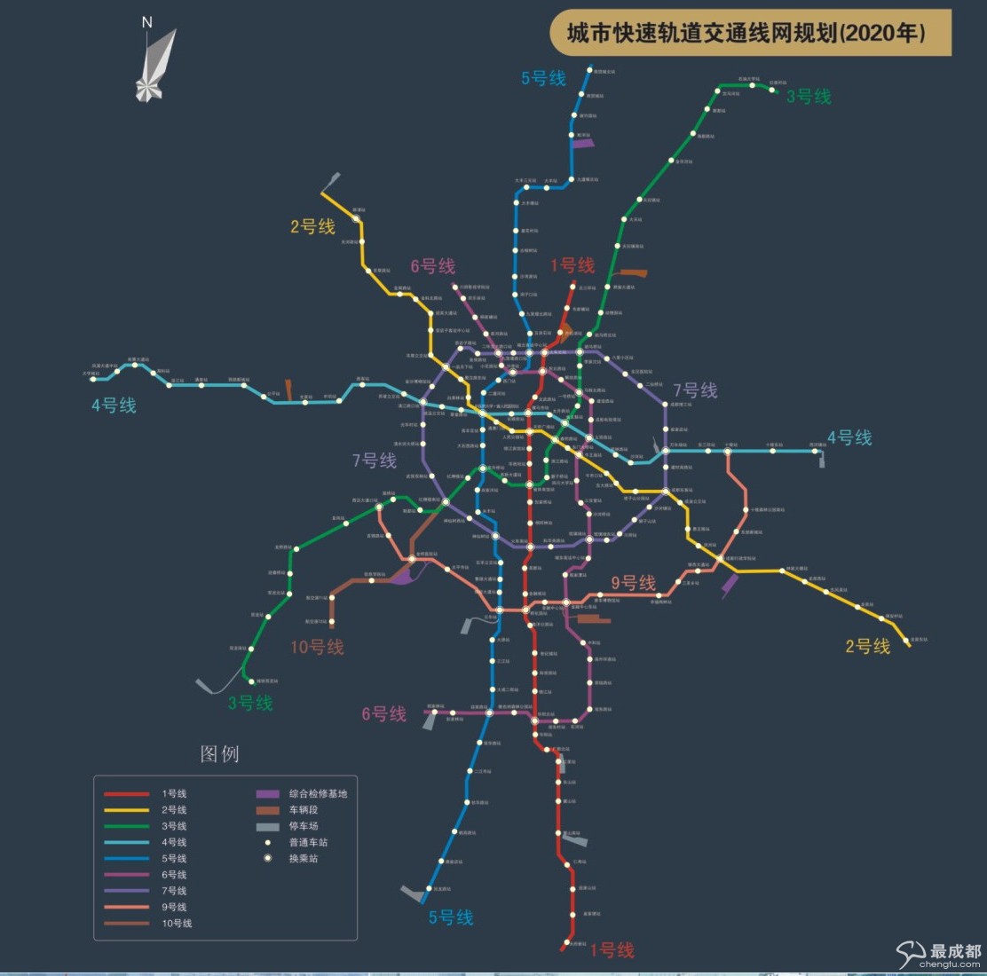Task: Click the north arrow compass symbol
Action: (154, 67)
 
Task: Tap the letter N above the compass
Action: (147, 22)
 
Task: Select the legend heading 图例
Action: (219, 754)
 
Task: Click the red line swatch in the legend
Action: (126, 794)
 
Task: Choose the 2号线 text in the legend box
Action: (174, 810)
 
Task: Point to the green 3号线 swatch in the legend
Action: (126, 826)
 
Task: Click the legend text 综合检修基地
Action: (318, 794)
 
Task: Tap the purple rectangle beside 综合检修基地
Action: (268, 794)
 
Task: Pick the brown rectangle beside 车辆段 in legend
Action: (268, 810)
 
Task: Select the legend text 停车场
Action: (304, 826)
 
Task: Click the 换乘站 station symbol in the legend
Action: (267, 859)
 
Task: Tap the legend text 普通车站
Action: (308, 843)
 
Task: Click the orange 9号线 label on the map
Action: (633, 583)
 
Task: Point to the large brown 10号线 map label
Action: (317, 647)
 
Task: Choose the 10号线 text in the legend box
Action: (177, 924)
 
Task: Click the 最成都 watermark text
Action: (955, 950)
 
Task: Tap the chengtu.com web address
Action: (950, 964)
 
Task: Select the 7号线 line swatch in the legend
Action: (126, 891)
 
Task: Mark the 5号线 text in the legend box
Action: (174, 859)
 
